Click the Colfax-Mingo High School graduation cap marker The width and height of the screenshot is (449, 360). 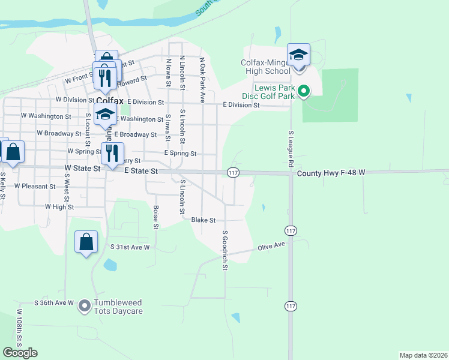pos(298,56)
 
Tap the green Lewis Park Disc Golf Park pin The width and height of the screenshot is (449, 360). pos(304,92)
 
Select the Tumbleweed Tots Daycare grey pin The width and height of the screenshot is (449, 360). pos(84,306)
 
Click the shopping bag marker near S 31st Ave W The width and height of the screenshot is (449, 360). pos(86,242)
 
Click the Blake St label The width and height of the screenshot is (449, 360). pos(203,220)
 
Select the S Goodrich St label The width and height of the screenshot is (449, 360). pos(225,250)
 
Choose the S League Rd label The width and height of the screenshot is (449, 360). pos(291,149)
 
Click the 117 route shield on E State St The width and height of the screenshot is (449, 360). pos(234,173)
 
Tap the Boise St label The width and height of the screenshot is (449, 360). pos(155,218)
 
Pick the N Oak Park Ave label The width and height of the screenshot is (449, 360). pos(203,79)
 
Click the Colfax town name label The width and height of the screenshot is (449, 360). pos(109,101)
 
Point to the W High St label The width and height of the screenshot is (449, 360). pos(59,206)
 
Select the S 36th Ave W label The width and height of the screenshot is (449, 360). pos(54,302)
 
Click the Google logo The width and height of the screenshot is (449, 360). pos(20,353)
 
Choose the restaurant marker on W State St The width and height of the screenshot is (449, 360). pos(112,154)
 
